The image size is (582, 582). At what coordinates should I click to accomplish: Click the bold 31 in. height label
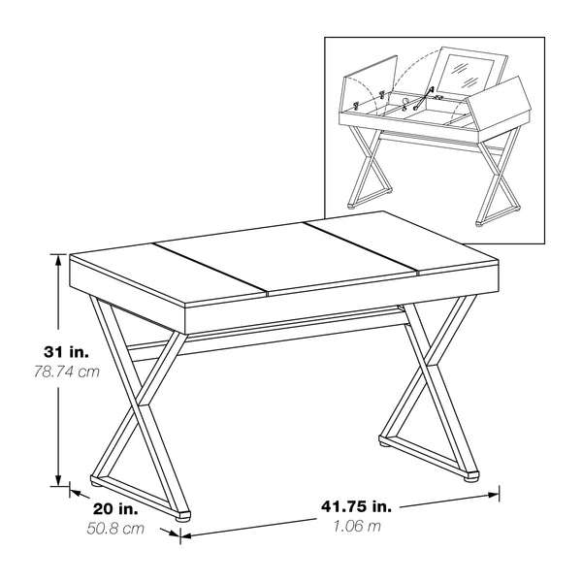66,352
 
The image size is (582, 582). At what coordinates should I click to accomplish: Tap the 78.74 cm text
67,372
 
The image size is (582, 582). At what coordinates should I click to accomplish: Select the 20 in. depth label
115,508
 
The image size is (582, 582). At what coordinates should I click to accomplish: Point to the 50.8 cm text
115,529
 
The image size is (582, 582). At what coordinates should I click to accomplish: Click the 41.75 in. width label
356,506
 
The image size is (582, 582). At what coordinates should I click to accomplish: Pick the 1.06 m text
357,526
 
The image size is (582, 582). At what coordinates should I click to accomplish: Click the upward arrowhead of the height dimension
58,260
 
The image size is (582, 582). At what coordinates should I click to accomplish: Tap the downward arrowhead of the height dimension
58,480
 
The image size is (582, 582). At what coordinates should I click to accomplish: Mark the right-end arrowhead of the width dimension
494,495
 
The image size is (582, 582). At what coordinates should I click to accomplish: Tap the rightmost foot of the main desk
471,476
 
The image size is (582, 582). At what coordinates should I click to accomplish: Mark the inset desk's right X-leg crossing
496,174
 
